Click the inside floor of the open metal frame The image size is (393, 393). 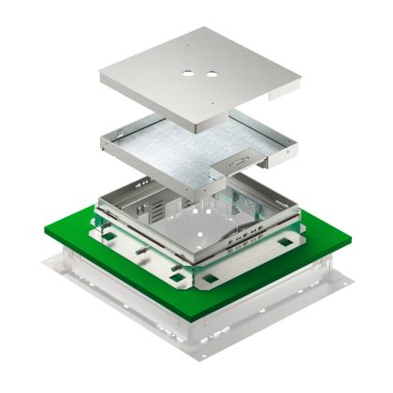pos(201,220)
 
